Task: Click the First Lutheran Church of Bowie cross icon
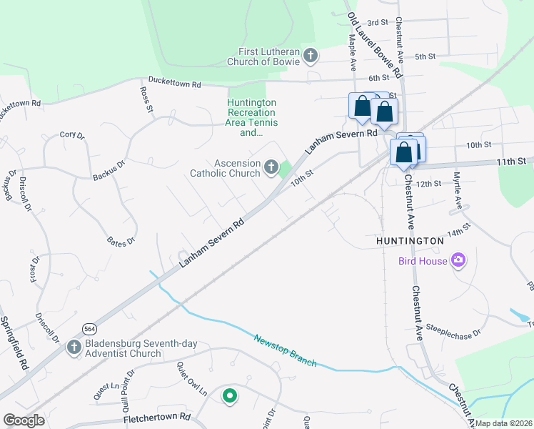coord(310,55)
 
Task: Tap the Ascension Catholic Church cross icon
coord(271,167)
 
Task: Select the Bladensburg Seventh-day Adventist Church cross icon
coord(73,347)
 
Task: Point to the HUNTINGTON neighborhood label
coord(410,242)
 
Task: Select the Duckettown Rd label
coord(174,83)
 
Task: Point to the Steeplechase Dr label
coord(453,330)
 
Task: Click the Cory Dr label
coord(72,134)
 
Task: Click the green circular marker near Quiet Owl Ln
coord(229,395)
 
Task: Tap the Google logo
coord(24,420)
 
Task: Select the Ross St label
coord(146,100)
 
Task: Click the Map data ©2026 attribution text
coord(504,423)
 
